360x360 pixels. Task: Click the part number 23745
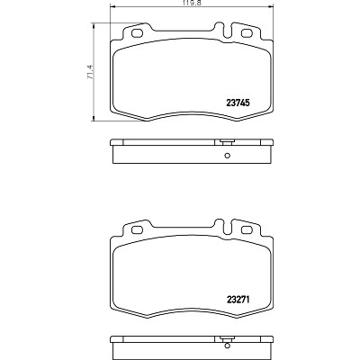coord(238,103)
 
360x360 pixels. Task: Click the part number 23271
coord(238,299)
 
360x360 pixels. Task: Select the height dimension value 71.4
coord(90,72)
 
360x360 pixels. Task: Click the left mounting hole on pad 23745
coord(138,33)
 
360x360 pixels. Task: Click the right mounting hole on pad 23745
coord(247,33)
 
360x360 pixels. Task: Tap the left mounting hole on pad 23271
coord(138,229)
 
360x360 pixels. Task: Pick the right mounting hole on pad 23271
coord(247,229)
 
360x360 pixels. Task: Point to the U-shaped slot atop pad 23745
coord(229,31)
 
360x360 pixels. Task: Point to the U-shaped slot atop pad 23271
coord(229,228)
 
